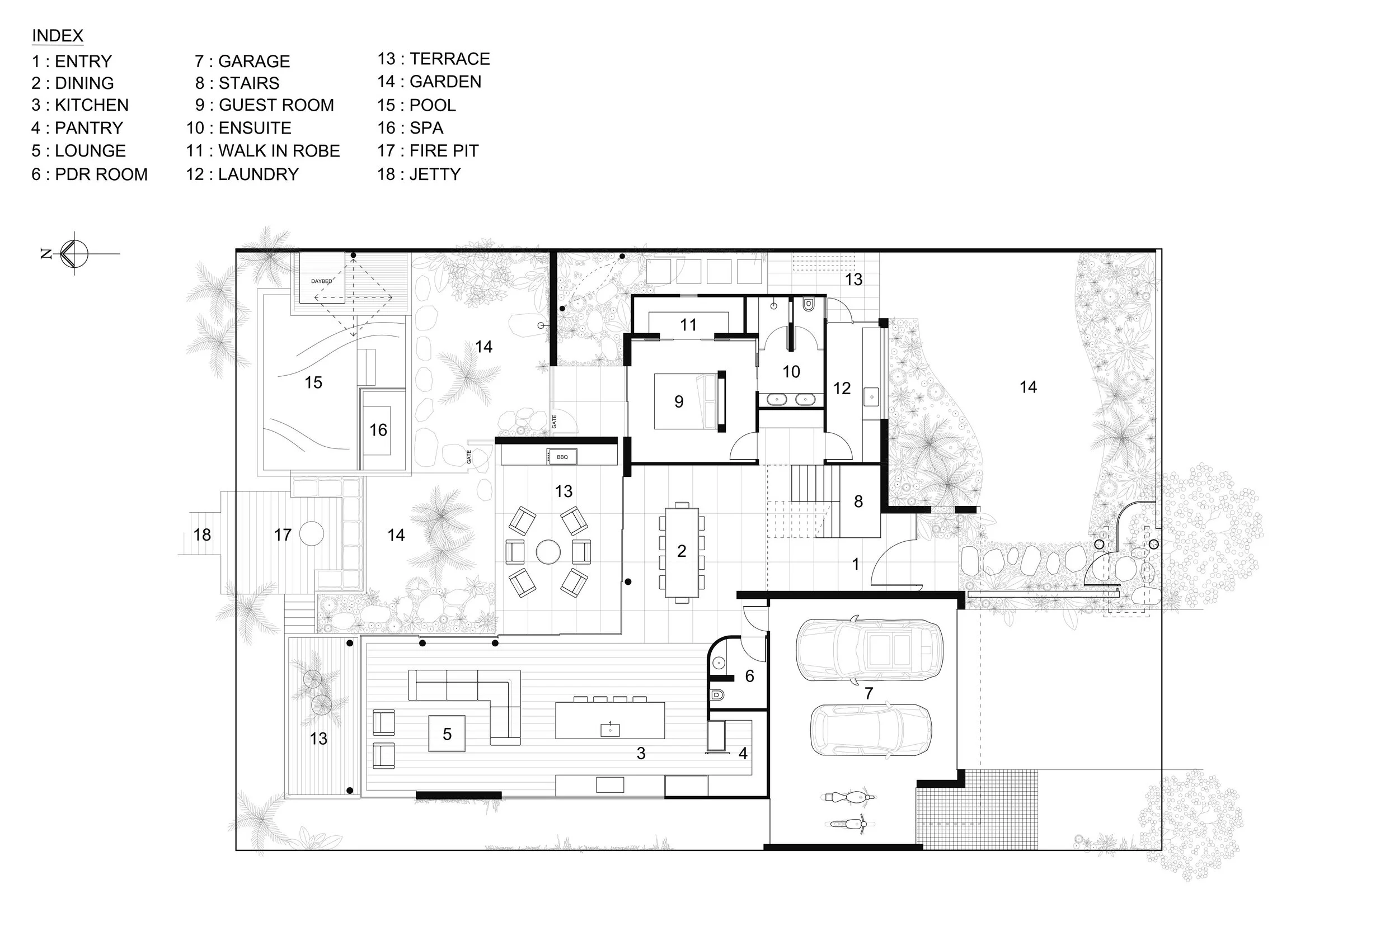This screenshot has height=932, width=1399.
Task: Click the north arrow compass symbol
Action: [x=74, y=254]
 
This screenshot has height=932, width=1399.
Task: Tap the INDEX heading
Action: [x=57, y=36]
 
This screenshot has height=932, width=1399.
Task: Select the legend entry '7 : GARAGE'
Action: [x=242, y=61]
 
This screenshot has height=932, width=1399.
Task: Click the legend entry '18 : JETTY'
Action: [x=419, y=174]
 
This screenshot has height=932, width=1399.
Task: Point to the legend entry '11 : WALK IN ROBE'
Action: [x=263, y=151]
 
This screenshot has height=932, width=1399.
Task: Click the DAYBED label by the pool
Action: [x=322, y=281]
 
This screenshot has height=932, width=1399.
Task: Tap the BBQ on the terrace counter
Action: [x=561, y=456]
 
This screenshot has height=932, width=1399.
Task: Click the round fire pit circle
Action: [x=311, y=533]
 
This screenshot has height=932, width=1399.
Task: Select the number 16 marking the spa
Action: [x=378, y=430]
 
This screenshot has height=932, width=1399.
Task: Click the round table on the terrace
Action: [x=548, y=552]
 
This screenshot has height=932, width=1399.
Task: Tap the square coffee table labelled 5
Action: [x=447, y=734]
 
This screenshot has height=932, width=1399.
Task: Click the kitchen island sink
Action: [x=609, y=728]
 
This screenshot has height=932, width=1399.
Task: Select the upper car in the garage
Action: [x=869, y=650]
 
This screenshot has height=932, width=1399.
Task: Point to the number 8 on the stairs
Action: [x=858, y=502]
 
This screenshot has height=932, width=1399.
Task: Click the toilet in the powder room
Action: [x=718, y=695]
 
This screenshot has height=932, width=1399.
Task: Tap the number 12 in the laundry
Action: [x=842, y=389]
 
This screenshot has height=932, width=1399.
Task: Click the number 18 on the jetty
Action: [x=201, y=535]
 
